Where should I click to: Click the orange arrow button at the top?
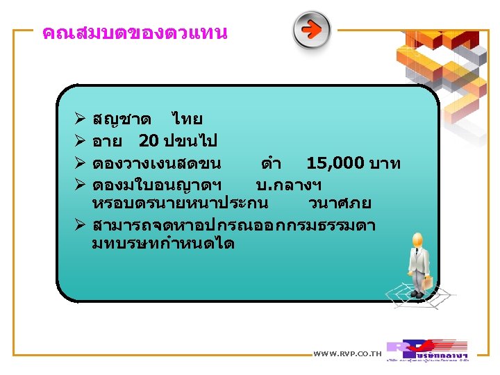pyautogui.click(x=311, y=30)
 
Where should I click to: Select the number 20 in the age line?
pyautogui.click(x=148, y=141)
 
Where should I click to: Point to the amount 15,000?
pyautogui.click(x=335, y=163)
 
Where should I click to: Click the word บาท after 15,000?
pyautogui.click(x=386, y=163)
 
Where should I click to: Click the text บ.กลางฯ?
pyautogui.click(x=288, y=184)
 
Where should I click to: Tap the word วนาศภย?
pyautogui.click(x=340, y=203)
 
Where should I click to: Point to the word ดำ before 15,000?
pyautogui.click(x=271, y=163)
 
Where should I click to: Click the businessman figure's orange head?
pyautogui.click(x=417, y=240)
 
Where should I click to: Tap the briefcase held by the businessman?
pyautogui.click(x=429, y=282)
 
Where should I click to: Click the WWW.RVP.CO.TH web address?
pyautogui.click(x=348, y=354)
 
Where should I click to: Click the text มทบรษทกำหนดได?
pyautogui.click(x=163, y=244)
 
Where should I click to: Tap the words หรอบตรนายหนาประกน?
pyautogui.click(x=180, y=203)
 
